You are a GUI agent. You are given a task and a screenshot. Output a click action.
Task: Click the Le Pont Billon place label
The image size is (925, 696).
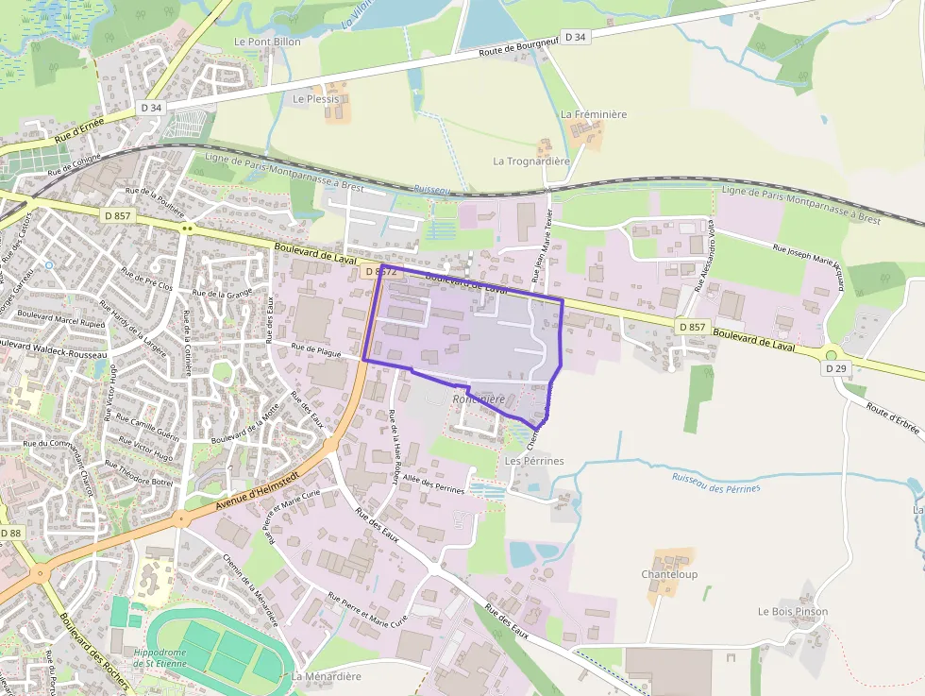coord(267,42)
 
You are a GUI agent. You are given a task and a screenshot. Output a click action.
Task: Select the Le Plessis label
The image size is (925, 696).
coord(315,98)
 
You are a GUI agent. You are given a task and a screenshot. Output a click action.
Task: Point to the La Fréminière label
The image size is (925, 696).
coord(594,114)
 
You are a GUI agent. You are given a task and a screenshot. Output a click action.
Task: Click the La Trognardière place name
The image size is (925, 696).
coord(531,161)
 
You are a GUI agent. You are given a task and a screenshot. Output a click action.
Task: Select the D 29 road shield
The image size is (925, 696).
coord(834,368)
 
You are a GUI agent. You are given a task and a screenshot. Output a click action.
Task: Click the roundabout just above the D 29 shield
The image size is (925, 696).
coord(832,355)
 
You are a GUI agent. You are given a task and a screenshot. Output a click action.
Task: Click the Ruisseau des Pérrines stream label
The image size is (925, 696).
coord(715,482)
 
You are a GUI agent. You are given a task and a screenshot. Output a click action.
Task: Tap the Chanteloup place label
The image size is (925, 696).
coord(668,574)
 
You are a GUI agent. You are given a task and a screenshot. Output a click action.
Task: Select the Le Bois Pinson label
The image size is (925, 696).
coord(792,611)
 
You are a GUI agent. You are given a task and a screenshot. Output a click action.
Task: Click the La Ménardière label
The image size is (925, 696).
coord(326,676)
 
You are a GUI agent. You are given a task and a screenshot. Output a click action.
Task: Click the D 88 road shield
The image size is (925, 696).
coord(10,534)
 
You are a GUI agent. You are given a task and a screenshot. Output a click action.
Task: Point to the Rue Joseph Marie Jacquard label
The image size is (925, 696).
coord(808,267)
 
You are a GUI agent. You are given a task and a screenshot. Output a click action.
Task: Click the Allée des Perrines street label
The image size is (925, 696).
coord(433,484)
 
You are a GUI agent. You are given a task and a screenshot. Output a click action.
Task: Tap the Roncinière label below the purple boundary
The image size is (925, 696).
coord(479,399)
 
